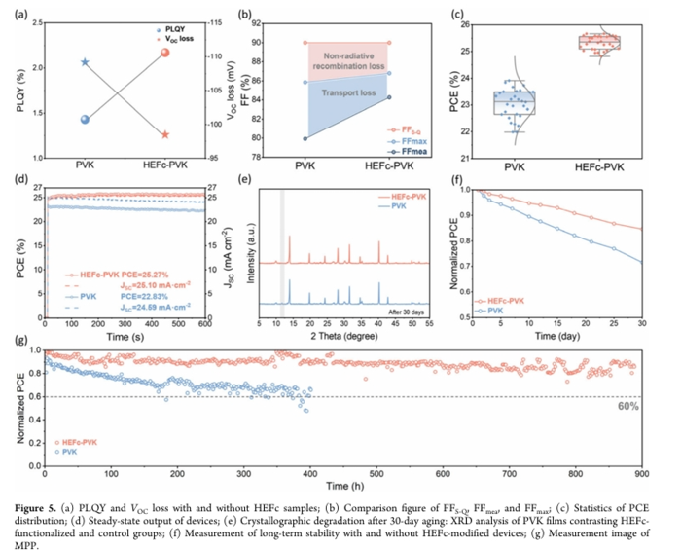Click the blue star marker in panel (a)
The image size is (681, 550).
pyautogui.click(x=85, y=62)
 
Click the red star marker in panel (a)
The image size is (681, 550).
pyautogui.click(x=165, y=134)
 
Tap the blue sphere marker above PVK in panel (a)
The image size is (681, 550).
pyautogui.click(x=85, y=120)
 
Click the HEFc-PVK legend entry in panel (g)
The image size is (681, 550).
pyautogui.click(x=83, y=442)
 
